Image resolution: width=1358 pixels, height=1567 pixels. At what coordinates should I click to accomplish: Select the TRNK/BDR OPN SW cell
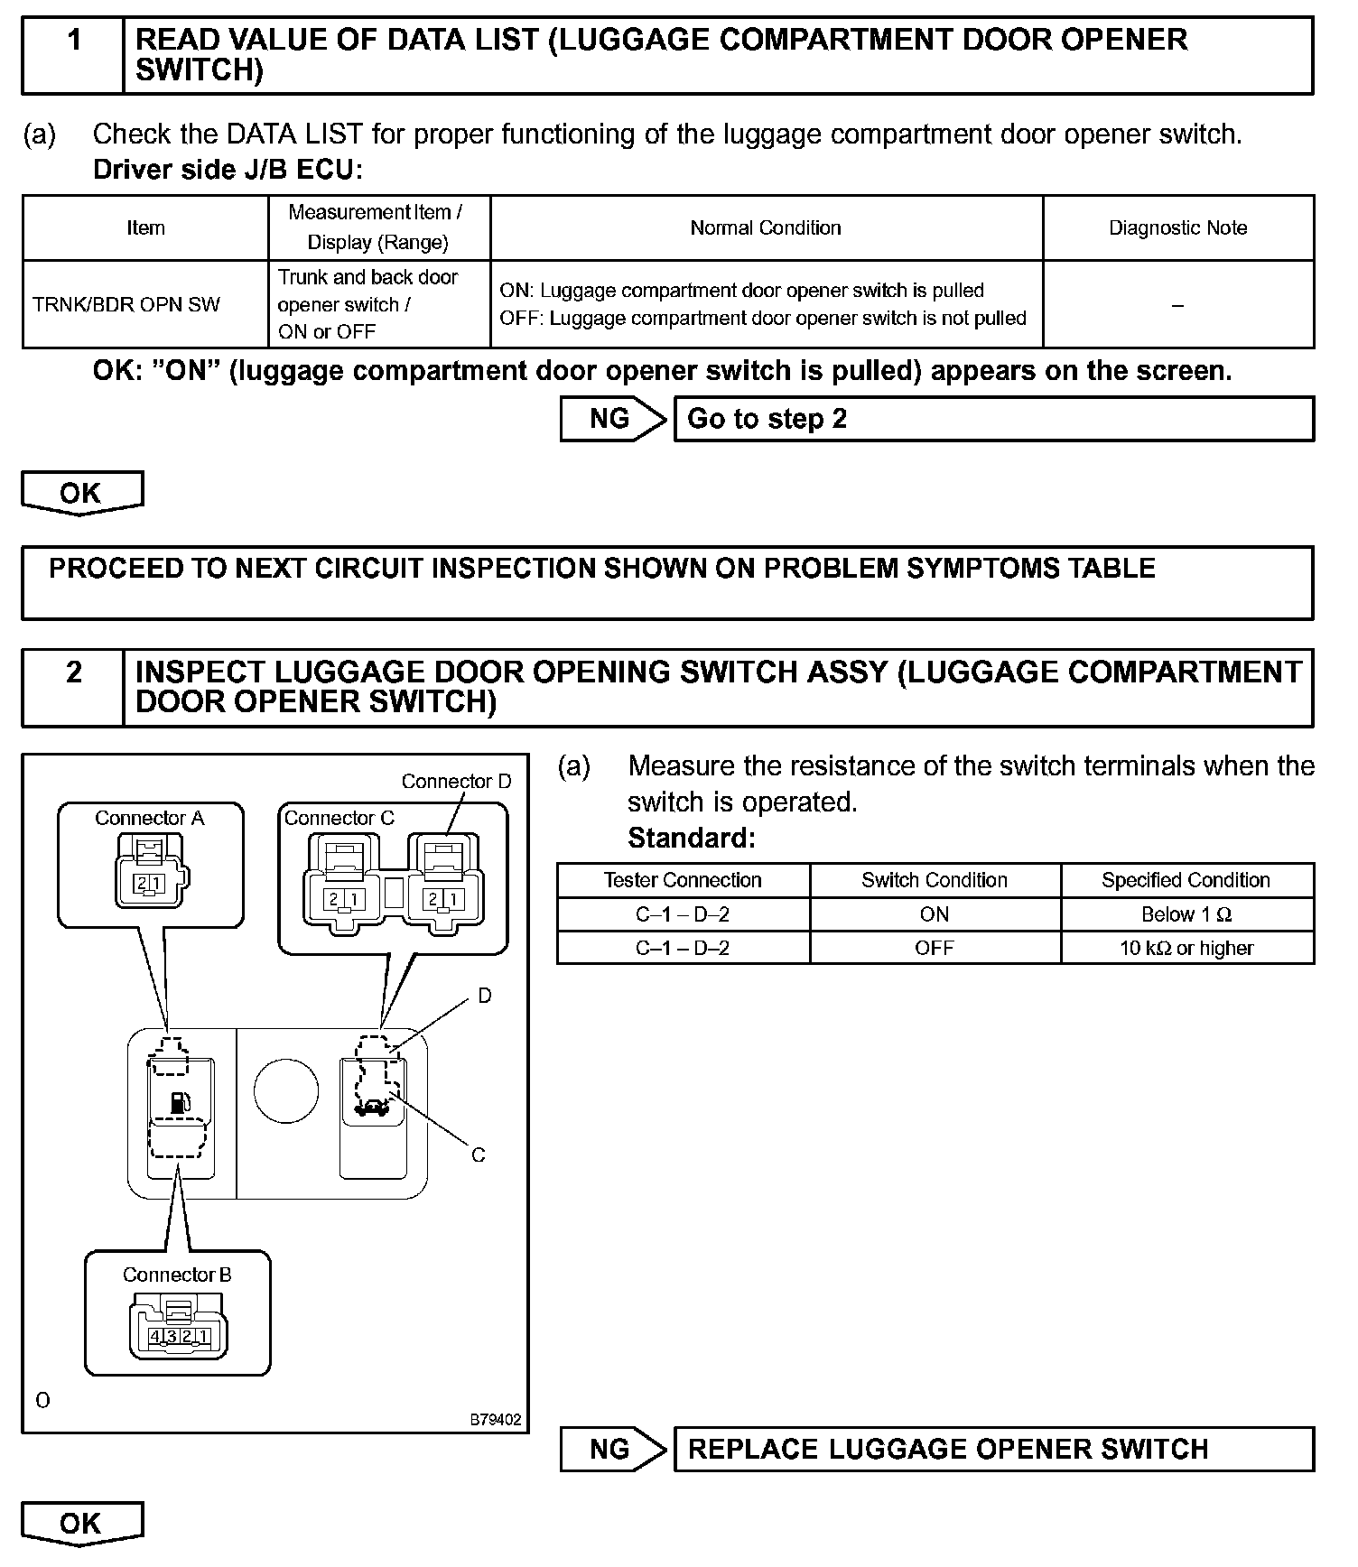tap(126, 305)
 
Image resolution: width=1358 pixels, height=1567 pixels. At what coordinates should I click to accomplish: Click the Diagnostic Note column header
tap(1177, 228)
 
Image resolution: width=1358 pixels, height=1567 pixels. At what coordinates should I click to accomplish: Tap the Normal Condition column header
tap(766, 228)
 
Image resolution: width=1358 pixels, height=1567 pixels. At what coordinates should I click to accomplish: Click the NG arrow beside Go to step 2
tap(612, 419)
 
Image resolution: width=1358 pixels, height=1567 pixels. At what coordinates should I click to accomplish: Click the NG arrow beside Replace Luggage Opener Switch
tap(612, 1449)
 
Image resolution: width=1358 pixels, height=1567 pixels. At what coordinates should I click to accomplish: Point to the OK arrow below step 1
tap(81, 494)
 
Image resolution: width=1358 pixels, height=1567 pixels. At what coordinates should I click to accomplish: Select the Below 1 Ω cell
tap(1186, 914)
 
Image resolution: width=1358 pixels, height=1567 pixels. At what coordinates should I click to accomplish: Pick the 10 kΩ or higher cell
tap(1186, 949)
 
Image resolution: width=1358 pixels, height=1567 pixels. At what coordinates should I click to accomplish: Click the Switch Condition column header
tap(935, 880)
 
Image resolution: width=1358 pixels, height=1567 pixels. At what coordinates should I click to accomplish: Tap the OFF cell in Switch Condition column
tap(935, 949)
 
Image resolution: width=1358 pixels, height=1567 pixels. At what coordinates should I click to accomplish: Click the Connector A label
tap(150, 819)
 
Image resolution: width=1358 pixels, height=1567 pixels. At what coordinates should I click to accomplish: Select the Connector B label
tap(177, 1275)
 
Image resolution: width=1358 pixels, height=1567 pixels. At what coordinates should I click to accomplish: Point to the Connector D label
tap(456, 782)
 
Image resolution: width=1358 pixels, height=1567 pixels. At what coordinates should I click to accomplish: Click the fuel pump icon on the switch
tap(181, 1102)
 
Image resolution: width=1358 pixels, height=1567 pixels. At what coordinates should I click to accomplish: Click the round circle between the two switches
tap(286, 1091)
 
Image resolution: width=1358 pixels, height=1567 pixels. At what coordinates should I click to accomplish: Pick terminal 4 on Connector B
tap(156, 1337)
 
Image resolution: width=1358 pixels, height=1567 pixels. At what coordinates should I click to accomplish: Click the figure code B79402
tap(495, 1420)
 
